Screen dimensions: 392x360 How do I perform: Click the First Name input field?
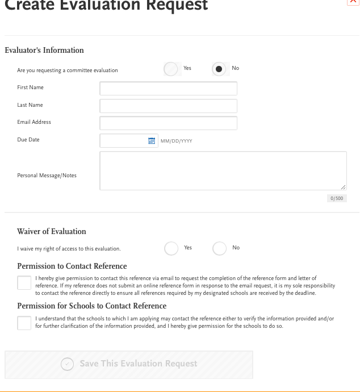coord(168,89)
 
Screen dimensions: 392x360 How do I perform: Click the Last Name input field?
coord(168,106)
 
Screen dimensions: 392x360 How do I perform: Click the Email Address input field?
coord(168,123)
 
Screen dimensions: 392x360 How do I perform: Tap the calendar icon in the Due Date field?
coord(152,141)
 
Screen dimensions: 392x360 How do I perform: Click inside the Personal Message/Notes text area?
coord(223,170)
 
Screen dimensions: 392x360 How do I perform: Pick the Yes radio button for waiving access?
coord(171,248)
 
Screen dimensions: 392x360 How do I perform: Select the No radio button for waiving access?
coord(219,248)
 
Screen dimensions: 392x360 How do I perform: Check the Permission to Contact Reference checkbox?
coord(24,282)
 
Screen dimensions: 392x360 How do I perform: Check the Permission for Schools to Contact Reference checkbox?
coord(24,323)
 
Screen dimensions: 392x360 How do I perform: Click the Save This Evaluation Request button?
coord(129,364)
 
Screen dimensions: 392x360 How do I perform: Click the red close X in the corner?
coord(353,2)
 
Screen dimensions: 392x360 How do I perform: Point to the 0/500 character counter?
coord(337,198)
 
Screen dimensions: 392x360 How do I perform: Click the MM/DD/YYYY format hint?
coord(177,141)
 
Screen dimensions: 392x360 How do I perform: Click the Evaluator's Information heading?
coord(44,50)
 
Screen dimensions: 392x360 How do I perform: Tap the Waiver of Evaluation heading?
coord(52,231)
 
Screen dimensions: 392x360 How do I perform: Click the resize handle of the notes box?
coord(344,187)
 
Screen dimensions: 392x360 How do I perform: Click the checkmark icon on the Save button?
coord(68,364)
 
